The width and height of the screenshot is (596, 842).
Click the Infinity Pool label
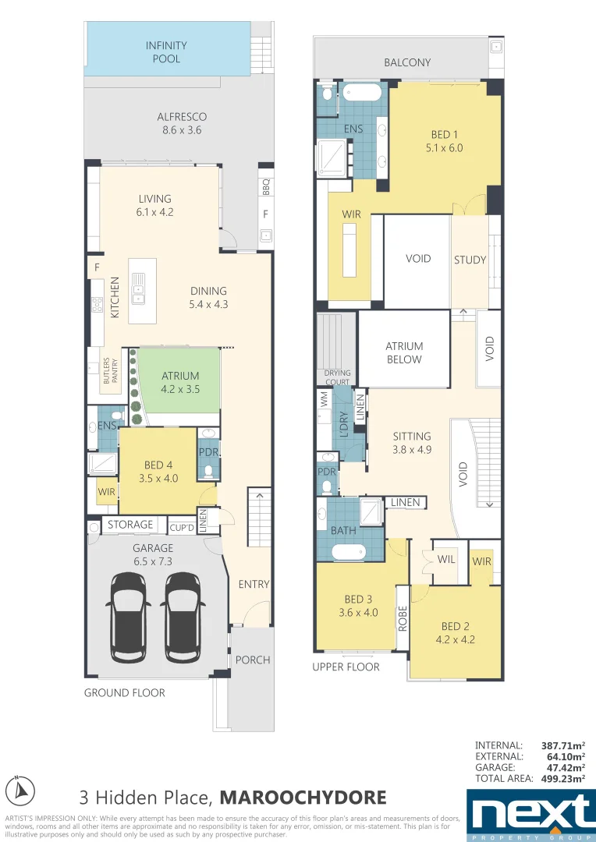point(166,52)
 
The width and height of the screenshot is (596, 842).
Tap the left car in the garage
point(135,606)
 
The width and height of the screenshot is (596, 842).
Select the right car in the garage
point(183,606)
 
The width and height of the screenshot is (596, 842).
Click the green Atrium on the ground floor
point(180,381)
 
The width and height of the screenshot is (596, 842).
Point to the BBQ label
point(265,188)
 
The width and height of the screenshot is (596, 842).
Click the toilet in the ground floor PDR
point(208,470)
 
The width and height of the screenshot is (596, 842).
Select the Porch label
point(253,660)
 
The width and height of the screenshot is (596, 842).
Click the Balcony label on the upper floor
point(407,62)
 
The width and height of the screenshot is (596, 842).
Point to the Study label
point(470,260)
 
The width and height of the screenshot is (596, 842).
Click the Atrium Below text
point(404,352)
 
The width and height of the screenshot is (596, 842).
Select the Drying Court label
point(337,377)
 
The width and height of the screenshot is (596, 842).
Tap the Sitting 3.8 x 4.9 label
point(411,443)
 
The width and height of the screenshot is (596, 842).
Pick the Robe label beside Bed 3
point(403,618)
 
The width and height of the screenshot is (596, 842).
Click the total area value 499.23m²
point(563,778)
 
